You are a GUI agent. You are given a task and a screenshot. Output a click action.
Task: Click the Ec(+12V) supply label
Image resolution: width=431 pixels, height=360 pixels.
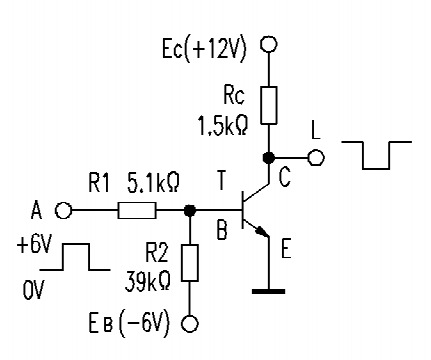pyautogui.click(x=204, y=49)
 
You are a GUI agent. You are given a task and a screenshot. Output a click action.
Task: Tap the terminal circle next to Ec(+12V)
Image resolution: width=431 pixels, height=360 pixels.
pyautogui.click(x=268, y=44)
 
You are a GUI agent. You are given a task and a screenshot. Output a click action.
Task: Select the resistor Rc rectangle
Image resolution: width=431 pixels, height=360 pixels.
pyautogui.click(x=268, y=105)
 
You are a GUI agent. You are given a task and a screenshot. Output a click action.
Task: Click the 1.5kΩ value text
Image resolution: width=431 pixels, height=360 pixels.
pyautogui.click(x=223, y=126)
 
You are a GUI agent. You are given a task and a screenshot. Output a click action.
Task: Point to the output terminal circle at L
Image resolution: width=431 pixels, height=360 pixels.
pyautogui.click(x=315, y=157)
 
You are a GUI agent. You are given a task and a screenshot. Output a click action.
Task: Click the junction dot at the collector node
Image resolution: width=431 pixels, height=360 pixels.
pyautogui.click(x=268, y=157)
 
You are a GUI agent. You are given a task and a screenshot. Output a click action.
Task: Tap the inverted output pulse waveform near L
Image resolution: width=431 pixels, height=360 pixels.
pyautogui.click(x=377, y=155)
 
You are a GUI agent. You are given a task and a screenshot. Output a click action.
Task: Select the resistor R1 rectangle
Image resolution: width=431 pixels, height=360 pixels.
pyautogui.click(x=137, y=210)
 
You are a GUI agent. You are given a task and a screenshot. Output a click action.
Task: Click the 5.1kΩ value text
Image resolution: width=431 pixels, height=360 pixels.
pyautogui.click(x=153, y=182)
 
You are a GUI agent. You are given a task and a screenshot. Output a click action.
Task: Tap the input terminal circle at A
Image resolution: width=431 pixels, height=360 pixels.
pyautogui.click(x=63, y=211)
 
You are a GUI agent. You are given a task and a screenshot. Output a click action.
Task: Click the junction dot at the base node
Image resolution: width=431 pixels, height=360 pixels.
pyautogui.click(x=190, y=210)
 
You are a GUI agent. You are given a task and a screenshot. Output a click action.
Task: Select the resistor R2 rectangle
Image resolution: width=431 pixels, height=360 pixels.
pyautogui.click(x=190, y=263)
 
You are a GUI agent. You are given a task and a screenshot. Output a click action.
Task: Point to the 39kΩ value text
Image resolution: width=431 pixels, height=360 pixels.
pyautogui.click(x=148, y=282)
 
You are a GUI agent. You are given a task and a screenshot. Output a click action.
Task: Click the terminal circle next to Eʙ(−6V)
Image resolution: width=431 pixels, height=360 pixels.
pyautogui.click(x=190, y=324)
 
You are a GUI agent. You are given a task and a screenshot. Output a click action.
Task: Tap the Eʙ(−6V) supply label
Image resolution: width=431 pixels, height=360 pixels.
pyautogui.click(x=129, y=323)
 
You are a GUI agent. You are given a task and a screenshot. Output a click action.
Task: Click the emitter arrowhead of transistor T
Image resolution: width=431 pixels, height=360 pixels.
pyautogui.click(x=263, y=231)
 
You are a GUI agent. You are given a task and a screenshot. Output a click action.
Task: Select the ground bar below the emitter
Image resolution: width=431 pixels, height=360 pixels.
pyautogui.click(x=268, y=291)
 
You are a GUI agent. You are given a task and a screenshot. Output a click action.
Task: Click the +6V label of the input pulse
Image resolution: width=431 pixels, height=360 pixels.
pyautogui.click(x=34, y=246)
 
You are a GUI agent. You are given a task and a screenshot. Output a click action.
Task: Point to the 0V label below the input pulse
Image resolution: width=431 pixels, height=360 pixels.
pyautogui.click(x=33, y=290)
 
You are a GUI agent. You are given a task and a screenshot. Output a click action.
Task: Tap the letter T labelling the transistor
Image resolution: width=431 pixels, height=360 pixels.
pyautogui.click(x=220, y=181)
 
